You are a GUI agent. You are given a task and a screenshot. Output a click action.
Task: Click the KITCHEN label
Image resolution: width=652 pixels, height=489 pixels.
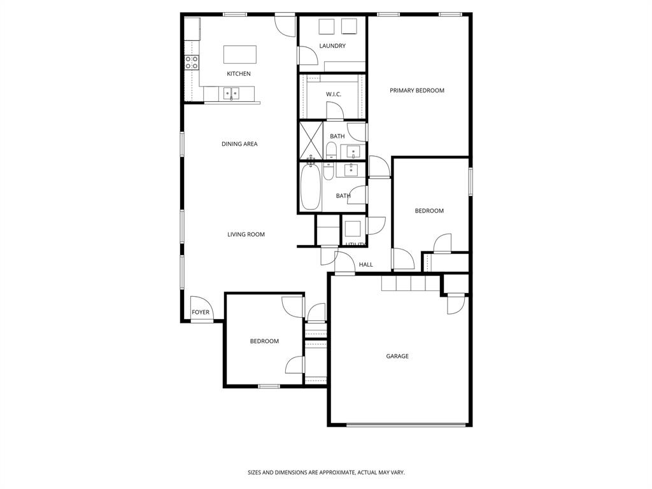(239, 74)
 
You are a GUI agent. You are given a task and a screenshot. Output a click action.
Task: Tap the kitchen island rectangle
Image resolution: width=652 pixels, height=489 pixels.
(240, 54)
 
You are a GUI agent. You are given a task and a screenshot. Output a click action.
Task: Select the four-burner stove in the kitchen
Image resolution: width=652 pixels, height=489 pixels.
(192, 62)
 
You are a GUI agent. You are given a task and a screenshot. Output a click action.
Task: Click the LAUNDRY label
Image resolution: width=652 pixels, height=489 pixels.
(332, 46)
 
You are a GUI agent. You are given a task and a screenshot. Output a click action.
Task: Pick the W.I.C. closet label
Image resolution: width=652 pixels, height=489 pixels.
(334, 94)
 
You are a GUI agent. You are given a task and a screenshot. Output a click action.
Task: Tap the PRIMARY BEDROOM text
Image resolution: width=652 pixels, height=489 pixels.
(417, 90)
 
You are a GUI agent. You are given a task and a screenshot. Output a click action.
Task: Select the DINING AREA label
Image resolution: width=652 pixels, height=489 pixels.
(239, 144)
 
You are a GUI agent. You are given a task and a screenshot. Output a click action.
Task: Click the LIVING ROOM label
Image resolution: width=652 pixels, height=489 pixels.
(246, 234)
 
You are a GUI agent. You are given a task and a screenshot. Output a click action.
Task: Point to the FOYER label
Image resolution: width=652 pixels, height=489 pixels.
(201, 312)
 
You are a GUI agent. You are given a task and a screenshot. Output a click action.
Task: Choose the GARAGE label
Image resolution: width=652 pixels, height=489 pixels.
(397, 356)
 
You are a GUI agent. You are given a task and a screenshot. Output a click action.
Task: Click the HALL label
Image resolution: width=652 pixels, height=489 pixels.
(366, 264)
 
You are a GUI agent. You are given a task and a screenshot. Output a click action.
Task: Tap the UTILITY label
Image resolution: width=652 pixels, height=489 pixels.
(355, 244)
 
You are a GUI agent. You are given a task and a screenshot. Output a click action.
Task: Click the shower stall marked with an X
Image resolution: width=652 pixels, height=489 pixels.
(311, 139)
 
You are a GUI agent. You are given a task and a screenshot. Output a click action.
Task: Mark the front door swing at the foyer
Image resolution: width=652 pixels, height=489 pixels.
(199, 305)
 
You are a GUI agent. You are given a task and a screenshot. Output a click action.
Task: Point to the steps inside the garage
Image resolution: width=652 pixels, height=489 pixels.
(411, 283)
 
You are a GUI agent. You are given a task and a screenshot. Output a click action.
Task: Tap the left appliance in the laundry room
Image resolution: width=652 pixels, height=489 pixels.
(326, 26)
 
